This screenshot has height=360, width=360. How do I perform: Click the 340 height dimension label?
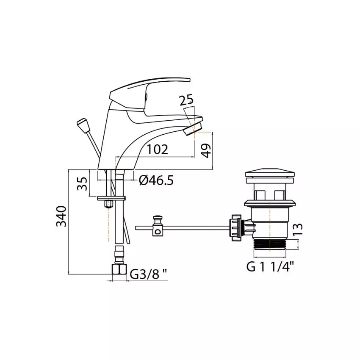coord(61,216)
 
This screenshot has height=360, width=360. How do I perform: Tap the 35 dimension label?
coord(82,183)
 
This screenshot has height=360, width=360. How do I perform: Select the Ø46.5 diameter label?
coord(156,180)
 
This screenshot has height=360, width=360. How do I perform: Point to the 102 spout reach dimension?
coord(157,150)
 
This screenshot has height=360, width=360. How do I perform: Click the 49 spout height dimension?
coord(206,151)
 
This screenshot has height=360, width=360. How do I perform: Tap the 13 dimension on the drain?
coord(298,230)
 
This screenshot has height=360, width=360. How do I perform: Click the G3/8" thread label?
coord(148,274)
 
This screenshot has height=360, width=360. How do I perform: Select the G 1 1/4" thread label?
coord(270,267)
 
